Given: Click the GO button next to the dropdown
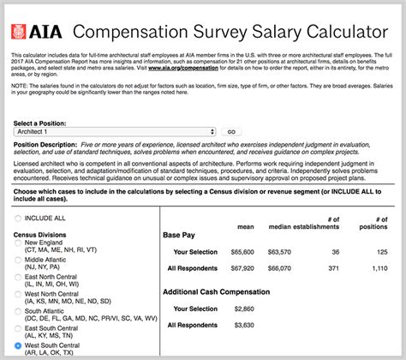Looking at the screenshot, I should [x=230, y=132].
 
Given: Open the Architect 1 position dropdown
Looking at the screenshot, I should [x=116, y=132].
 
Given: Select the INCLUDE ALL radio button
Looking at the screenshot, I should [x=20, y=219].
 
